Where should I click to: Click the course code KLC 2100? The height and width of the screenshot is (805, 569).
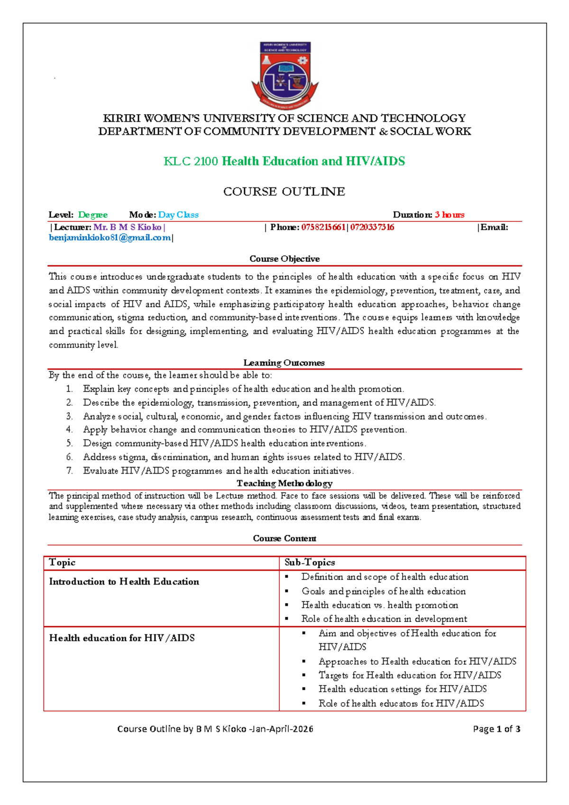191,162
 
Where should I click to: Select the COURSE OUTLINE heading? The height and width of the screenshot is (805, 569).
284,192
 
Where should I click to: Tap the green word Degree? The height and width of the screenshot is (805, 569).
93,215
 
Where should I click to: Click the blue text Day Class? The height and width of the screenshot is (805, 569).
178,215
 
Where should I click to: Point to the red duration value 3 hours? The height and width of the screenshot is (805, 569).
450,215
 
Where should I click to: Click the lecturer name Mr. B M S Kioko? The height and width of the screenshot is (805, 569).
128,227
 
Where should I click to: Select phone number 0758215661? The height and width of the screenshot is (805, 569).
323,227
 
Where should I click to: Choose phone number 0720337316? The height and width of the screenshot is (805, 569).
372,227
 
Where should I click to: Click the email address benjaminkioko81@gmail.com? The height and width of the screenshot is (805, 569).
110,238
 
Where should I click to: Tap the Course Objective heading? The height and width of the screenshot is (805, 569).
284,259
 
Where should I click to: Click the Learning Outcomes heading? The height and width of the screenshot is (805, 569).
284,363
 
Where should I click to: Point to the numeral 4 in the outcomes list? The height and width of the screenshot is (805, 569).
69,430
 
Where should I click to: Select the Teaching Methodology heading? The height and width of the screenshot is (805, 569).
284,483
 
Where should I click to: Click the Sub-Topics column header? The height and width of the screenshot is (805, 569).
310,563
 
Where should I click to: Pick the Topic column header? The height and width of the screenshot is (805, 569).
62,563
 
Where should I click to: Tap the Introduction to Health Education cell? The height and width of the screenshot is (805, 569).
124,582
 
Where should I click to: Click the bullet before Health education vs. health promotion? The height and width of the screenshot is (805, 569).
287,605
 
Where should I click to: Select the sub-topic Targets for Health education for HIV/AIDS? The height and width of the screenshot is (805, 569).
410,675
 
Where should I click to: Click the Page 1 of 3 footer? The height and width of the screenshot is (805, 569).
496,729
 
